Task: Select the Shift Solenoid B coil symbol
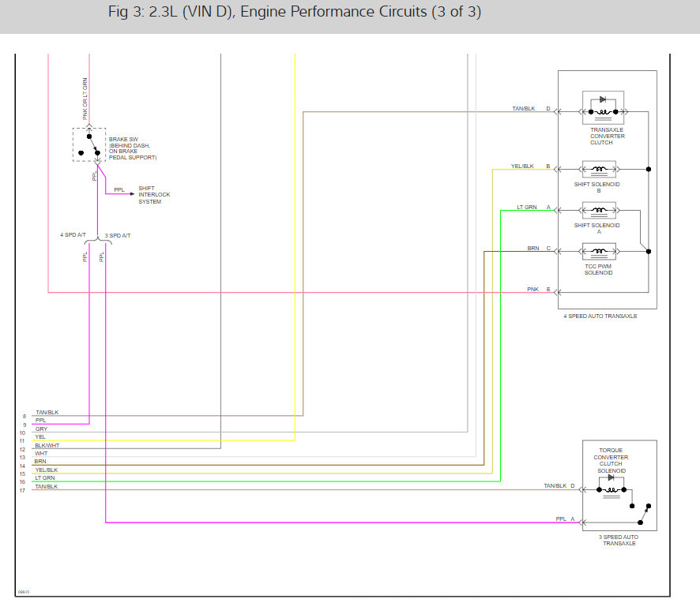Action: (x=603, y=169)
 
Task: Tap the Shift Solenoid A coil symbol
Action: (x=603, y=210)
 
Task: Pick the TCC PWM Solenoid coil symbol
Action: (x=603, y=252)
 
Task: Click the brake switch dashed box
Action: (x=89, y=144)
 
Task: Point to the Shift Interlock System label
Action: (x=154, y=195)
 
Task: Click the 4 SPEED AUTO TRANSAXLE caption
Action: (x=600, y=316)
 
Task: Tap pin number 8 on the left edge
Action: (x=24, y=416)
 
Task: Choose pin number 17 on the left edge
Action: (x=23, y=490)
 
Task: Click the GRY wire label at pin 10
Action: (x=41, y=429)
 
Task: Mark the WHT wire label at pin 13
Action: (x=41, y=454)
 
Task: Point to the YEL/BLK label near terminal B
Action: (x=522, y=166)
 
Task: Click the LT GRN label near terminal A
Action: (x=526, y=207)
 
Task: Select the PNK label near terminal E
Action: (x=533, y=289)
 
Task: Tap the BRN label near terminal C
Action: (x=533, y=248)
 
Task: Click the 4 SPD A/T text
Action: (x=73, y=235)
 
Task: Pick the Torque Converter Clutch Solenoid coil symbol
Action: (x=612, y=487)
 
